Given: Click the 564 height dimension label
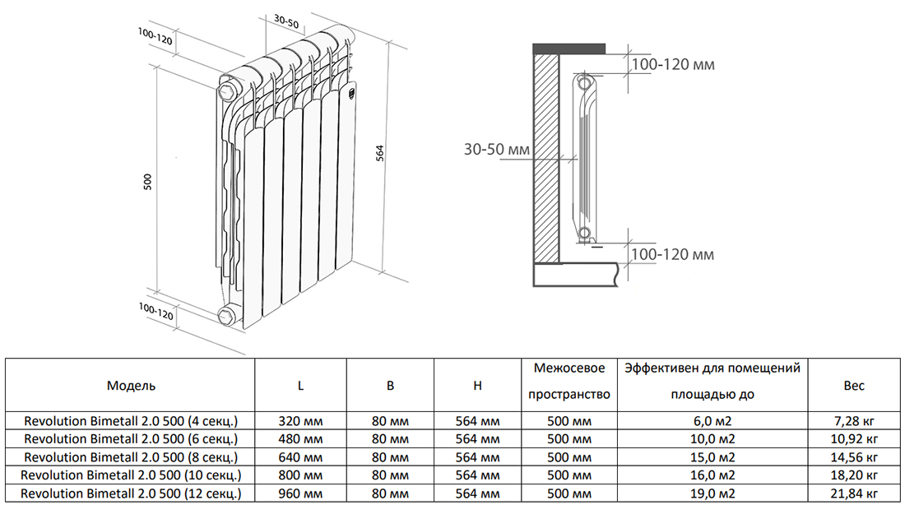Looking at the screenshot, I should pos(380,153).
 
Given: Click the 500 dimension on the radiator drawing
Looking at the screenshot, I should pos(148,182).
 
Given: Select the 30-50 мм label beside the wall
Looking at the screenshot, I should pos(497,150).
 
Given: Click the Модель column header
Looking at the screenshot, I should pos(131,386).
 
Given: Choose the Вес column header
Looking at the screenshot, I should pos(854,386).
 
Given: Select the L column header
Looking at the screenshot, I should pos(300,386).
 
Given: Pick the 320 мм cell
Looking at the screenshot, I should pos(300,420).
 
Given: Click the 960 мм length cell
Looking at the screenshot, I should pos(300,493).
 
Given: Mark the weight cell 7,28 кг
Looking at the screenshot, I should pos(855,420).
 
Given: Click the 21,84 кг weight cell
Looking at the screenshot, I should pos(855,493).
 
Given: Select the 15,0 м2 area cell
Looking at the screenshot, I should pos(712,457).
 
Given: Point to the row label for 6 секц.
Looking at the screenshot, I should pos(131,438).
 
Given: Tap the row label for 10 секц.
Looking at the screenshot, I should pos(131,475).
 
